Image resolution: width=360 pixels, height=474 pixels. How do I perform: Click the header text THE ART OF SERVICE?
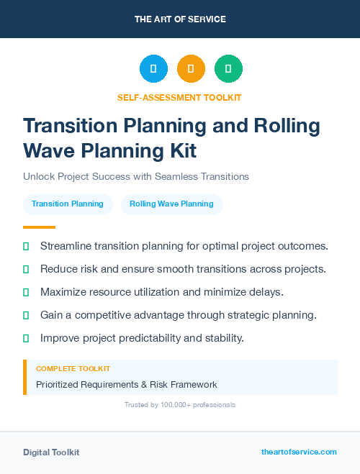tap(180, 19)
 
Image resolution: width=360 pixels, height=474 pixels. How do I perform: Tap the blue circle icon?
tap(153, 69)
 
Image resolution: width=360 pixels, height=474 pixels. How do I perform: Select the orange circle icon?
tap(191, 69)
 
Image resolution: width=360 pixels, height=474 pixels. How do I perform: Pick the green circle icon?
tap(228, 69)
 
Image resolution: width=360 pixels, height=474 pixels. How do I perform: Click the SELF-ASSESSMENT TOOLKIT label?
tap(179, 97)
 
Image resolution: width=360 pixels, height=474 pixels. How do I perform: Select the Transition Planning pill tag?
tap(68, 204)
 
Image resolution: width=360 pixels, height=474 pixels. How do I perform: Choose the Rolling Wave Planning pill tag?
tap(171, 204)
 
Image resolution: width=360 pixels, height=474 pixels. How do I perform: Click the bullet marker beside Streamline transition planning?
tap(26, 246)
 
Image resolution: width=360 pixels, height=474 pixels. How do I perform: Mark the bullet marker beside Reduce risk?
tap(26, 269)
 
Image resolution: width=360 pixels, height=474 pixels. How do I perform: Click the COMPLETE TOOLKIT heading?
tap(73, 369)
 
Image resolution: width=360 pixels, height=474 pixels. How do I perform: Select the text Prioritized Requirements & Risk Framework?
tap(127, 385)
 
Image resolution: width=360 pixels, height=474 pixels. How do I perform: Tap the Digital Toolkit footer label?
tap(51, 452)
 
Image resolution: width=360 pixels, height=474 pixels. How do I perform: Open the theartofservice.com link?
tap(299, 452)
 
